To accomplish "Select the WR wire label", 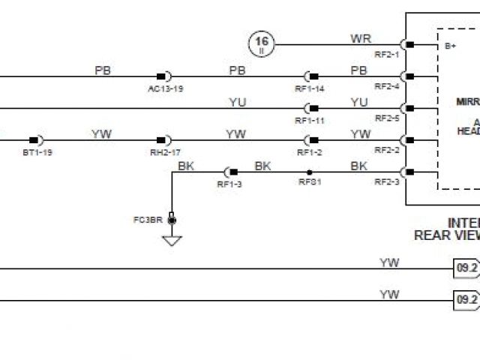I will (360, 38).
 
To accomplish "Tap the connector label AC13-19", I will (166, 88).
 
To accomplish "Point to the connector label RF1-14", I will (310, 88).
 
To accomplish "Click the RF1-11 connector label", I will (310, 120).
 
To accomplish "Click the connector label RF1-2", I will (310, 152).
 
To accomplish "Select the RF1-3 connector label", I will (229, 184).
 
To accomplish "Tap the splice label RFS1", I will (310, 181).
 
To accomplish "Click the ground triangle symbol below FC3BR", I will (172, 241).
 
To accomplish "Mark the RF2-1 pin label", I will (387, 55).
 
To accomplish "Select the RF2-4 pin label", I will (387, 86).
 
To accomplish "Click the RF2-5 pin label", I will (387, 118).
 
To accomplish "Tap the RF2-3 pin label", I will (387, 181).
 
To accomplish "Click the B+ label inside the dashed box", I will (451, 46).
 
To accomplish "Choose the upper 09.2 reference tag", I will (466, 268).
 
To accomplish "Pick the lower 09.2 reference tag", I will (466, 300).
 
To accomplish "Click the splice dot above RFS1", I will (310, 172).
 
